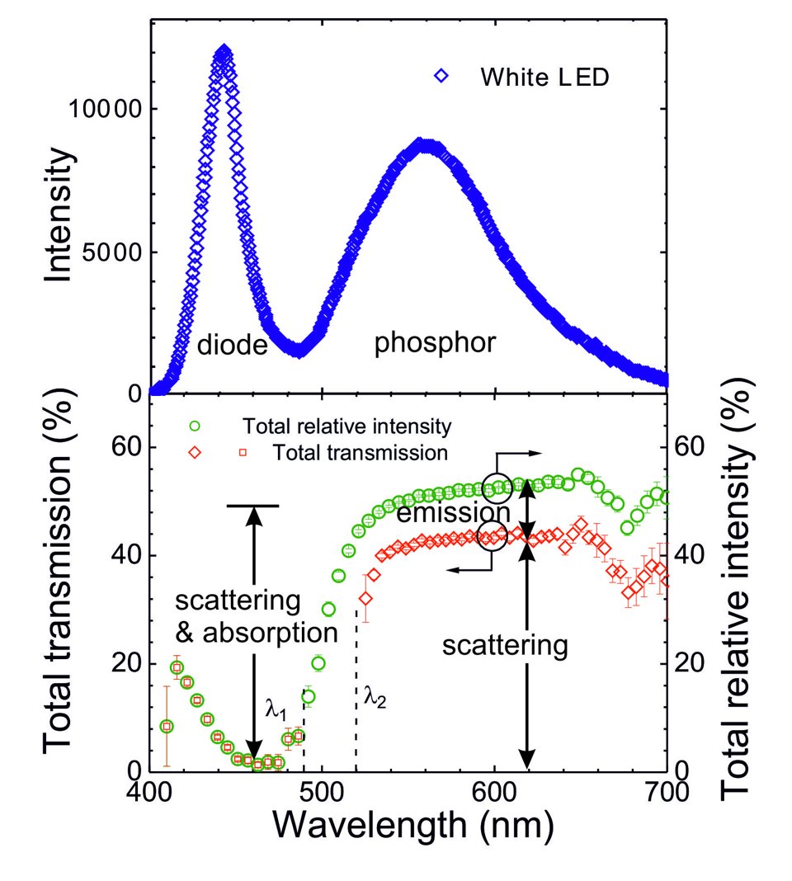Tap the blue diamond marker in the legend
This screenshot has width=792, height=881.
coord(442,77)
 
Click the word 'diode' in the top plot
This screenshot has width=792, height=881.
coord(233,345)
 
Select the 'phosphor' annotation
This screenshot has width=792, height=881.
coord(435,342)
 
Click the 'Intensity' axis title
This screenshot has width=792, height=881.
coord(58,221)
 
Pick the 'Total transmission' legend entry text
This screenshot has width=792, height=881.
coord(361,452)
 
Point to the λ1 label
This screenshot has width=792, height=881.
coord(276,706)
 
